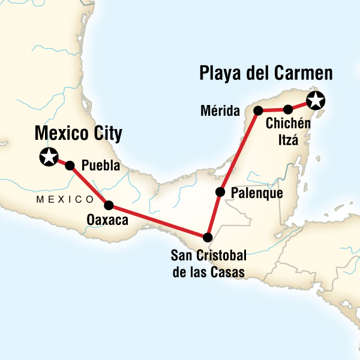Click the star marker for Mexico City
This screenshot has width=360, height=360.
pyautogui.click(x=47, y=157)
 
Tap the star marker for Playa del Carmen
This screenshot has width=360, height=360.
pyautogui.click(x=316, y=101)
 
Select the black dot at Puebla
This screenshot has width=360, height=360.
pyautogui.click(x=70, y=166)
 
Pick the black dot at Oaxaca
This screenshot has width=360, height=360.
pyautogui.click(x=109, y=205)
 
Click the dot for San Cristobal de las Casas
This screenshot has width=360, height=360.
pyautogui.click(x=208, y=236)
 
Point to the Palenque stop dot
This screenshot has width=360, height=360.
pyautogui.click(x=220, y=192)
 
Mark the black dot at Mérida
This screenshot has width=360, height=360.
pyautogui.click(x=259, y=110)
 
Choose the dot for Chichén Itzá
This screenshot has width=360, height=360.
pyautogui.click(x=288, y=109)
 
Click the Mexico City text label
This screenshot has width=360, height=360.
pyautogui.click(x=79, y=133)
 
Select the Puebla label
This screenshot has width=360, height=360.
pyautogui.click(x=100, y=166)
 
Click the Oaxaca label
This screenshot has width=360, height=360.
pyautogui.click(x=108, y=220)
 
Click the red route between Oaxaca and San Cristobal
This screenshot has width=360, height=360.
pyautogui.click(x=158, y=221)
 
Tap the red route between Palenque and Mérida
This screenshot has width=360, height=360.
pyautogui.click(x=239, y=151)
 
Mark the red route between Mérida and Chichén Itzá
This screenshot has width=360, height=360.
pyautogui.click(x=274, y=110)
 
